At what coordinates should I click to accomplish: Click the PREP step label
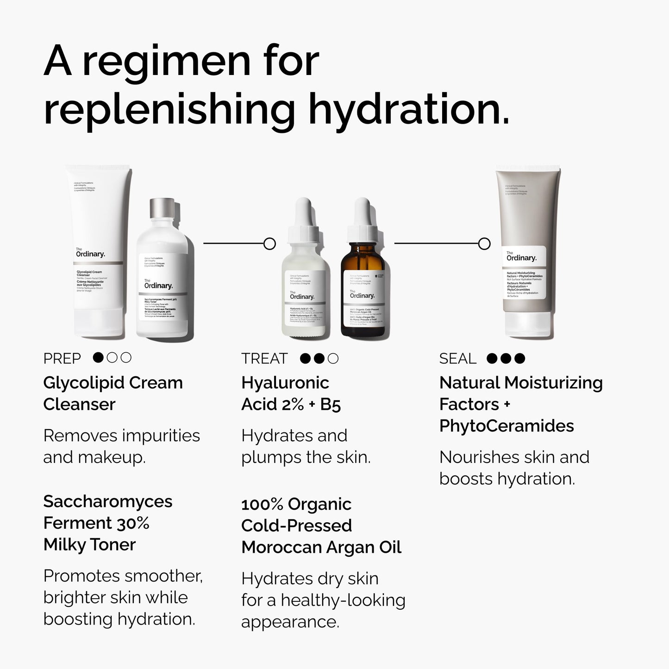62,358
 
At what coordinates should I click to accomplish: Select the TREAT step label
264,358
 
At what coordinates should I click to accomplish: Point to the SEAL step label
457,358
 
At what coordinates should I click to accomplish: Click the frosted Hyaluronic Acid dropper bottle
304,282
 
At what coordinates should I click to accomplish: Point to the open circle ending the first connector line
269,244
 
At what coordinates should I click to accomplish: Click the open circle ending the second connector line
484,244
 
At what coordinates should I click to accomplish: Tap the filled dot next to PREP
98,357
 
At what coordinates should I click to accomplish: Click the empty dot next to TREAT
333,358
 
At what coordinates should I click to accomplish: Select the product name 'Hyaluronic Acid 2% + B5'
291,394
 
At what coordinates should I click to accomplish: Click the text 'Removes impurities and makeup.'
121,446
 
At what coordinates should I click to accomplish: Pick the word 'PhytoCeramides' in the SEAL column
506,426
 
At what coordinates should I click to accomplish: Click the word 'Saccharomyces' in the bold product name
108,501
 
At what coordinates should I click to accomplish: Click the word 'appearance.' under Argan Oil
290,622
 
